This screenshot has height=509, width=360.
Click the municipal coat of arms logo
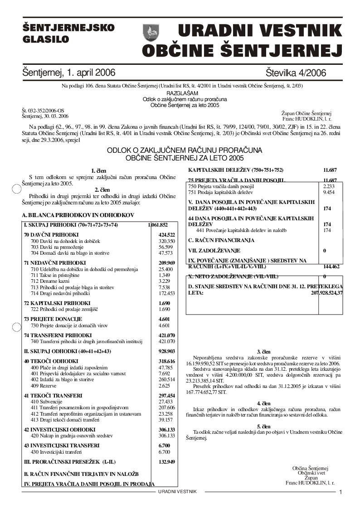[151, 32]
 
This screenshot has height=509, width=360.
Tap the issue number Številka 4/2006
[297, 73]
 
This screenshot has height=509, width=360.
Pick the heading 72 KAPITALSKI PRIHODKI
[57, 303]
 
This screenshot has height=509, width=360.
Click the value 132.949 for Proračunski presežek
[167, 462]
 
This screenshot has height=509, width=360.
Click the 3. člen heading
[263, 352]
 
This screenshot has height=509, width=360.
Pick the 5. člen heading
[263, 427]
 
